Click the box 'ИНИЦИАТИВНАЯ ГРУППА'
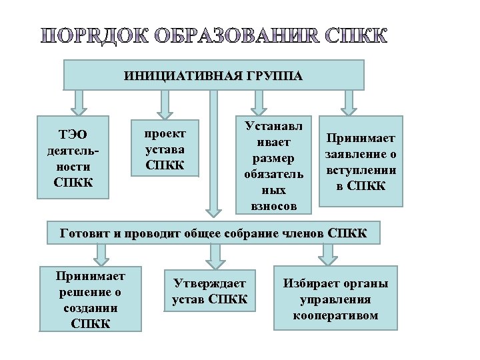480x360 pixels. (213, 75)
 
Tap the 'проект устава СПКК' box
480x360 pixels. (165, 148)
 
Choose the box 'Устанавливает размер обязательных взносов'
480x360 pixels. (274, 166)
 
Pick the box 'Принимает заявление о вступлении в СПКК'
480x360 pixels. (361, 161)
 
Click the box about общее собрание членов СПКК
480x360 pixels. (213, 233)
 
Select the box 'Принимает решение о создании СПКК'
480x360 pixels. (91, 299)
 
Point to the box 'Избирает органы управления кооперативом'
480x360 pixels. (335, 298)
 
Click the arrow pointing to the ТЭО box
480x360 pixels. (79, 101)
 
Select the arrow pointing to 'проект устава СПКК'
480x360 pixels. (165, 103)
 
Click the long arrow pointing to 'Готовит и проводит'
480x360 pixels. (213, 153)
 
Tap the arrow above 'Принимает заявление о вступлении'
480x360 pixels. (348, 102)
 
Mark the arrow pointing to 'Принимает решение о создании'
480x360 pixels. (101, 253)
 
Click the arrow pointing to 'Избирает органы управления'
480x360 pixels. (327, 253)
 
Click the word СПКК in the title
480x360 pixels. (357, 36)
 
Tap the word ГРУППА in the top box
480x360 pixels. (273, 75)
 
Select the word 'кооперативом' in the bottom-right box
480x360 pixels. (335, 315)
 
